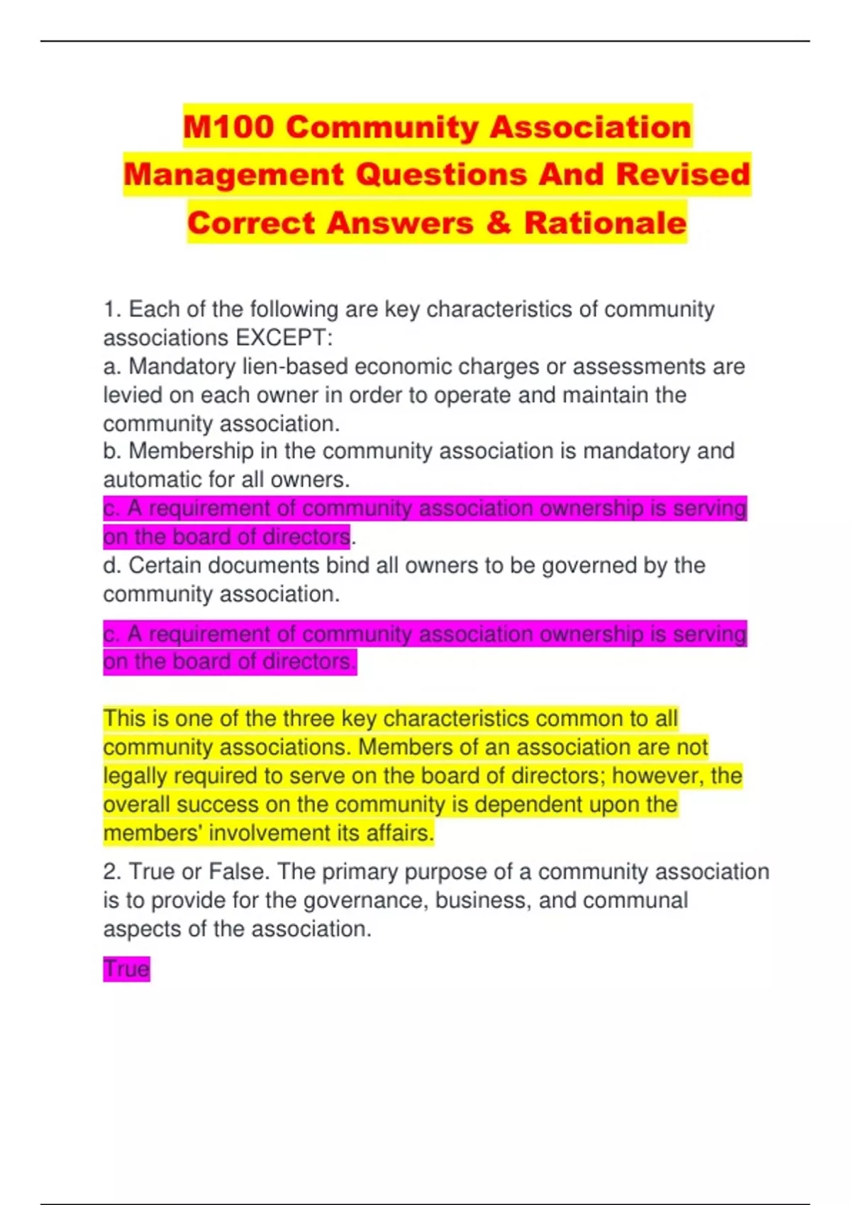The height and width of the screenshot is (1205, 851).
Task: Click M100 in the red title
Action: [x=228, y=127]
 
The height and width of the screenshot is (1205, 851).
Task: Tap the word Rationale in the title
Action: [x=605, y=223]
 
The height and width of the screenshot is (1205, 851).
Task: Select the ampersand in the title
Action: [x=499, y=223]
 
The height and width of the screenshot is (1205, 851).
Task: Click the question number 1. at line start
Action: [x=113, y=310]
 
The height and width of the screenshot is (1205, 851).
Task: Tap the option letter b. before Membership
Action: [x=113, y=451]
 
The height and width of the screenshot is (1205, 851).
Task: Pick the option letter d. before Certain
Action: [x=113, y=566]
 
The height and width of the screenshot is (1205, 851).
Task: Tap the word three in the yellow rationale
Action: [x=308, y=719]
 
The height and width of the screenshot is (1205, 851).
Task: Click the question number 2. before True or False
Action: [x=113, y=872]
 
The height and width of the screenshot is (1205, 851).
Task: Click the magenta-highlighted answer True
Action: [x=126, y=969]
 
